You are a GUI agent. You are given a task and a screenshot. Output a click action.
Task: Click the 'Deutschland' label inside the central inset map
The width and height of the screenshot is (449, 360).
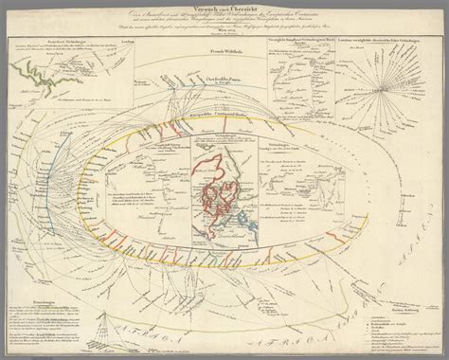pos(224,180)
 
